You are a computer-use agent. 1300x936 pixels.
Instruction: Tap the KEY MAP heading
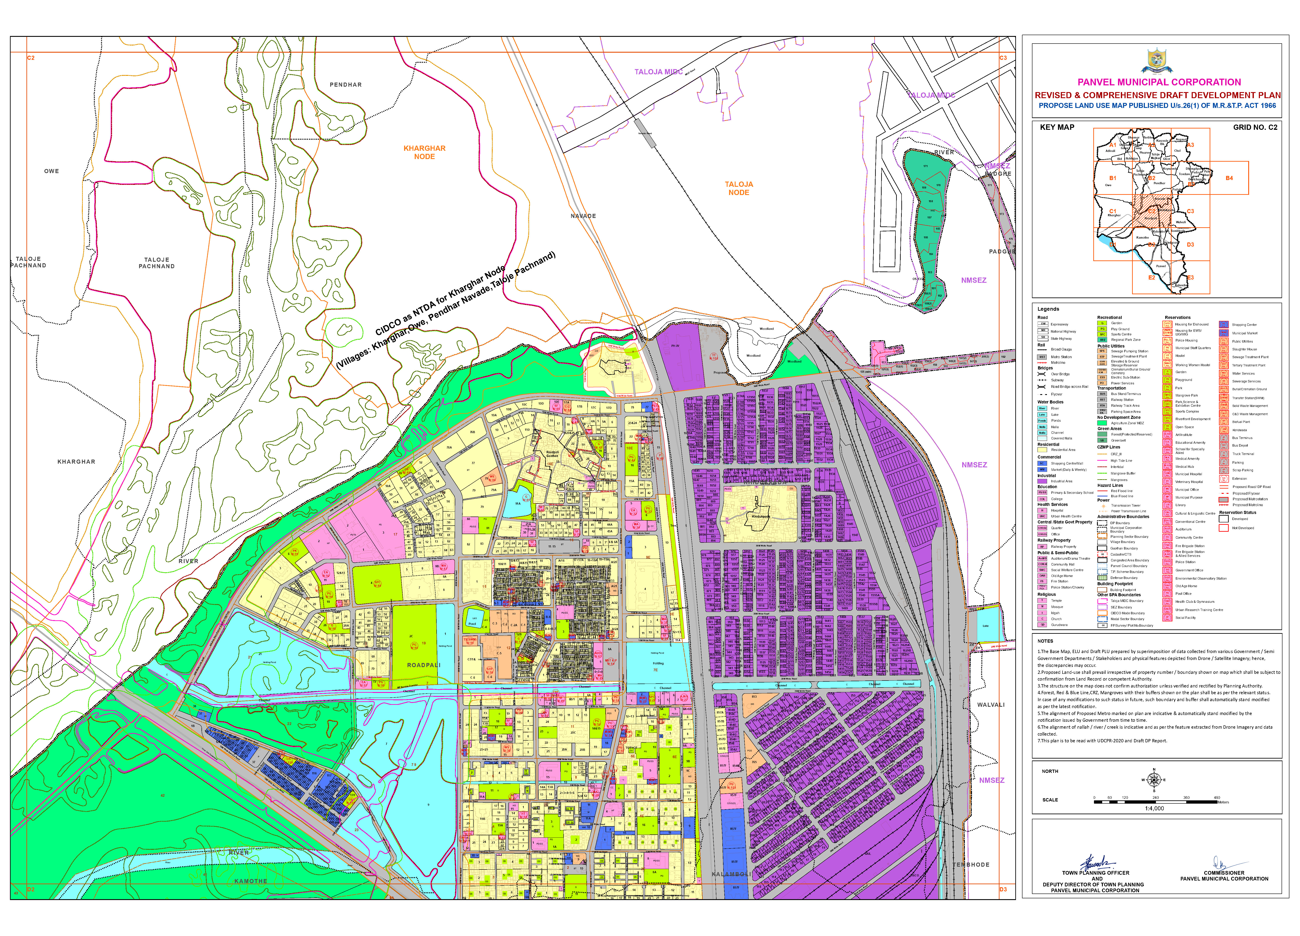pos(1057,127)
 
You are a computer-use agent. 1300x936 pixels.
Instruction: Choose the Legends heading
pos(1048,309)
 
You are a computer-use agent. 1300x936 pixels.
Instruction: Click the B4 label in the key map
pos(1229,178)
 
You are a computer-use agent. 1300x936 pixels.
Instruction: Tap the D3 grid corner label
pos(1003,890)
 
